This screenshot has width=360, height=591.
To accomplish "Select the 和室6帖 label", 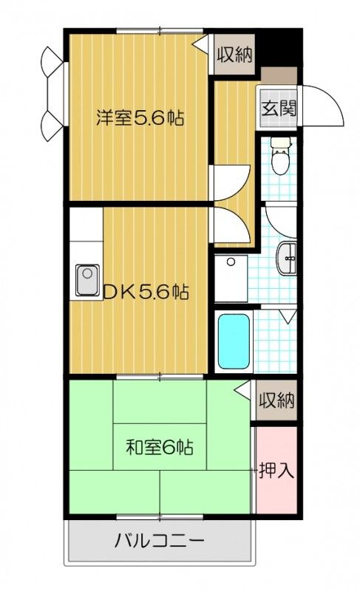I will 159,447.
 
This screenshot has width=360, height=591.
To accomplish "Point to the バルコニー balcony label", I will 159,542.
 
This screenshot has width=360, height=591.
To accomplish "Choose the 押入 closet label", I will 276,470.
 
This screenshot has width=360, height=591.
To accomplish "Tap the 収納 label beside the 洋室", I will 234,55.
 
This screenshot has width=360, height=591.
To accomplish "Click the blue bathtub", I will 234,341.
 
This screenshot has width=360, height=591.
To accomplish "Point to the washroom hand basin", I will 286,259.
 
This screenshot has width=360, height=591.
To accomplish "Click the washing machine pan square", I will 231,278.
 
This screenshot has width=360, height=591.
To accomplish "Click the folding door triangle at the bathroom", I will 288,318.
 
